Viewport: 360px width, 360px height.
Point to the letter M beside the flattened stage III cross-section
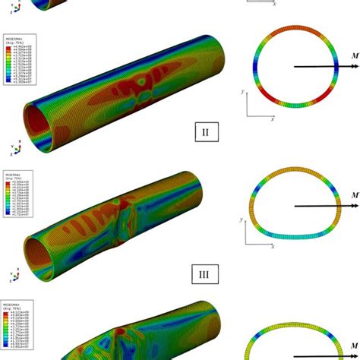click(x=346, y=197)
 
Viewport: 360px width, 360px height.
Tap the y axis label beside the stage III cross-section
click(x=242, y=220)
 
